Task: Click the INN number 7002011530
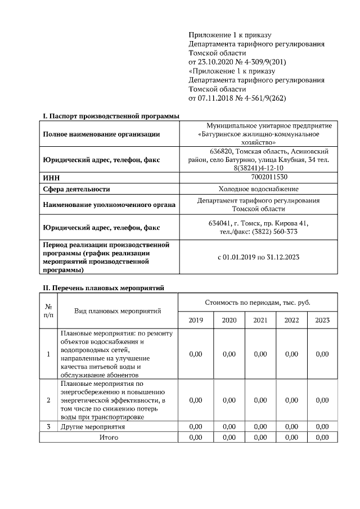tap(259, 177)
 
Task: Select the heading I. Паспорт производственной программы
tap(111, 116)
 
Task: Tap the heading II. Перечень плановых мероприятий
tap(103, 288)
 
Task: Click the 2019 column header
tap(196, 320)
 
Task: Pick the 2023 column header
tap(322, 320)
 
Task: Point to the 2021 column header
tap(260, 320)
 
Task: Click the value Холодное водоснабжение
tap(259, 189)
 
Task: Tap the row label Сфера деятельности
tap(76, 189)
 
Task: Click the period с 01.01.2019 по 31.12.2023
tap(259, 258)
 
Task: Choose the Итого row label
tap(109, 437)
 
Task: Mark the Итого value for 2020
tap(229, 437)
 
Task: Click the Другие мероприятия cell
tap(92, 427)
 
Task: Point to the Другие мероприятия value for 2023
tap(322, 427)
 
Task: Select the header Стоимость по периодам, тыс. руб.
tap(258, 303)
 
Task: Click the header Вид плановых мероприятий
tap(118, 311)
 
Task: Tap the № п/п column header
tap(48, 311)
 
